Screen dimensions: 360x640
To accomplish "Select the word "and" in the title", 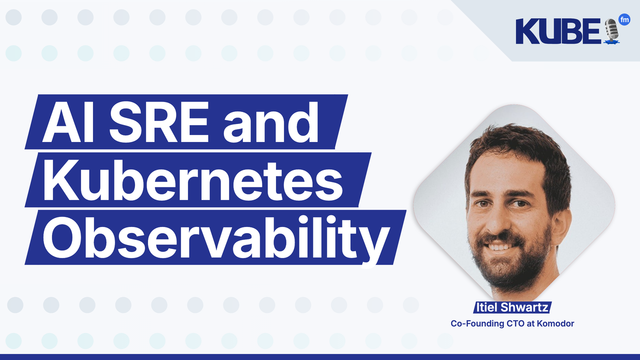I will pos(270,122).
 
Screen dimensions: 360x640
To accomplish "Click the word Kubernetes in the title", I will pos(192,180).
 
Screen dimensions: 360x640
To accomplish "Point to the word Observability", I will pos(215,237).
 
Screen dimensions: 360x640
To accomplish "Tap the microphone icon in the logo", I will pos(611,31).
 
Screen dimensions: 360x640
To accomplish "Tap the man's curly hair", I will pos(515,145).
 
